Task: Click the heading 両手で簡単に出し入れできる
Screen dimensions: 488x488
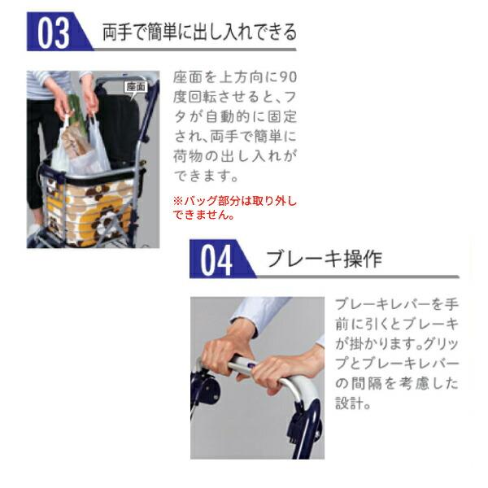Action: [199, 32]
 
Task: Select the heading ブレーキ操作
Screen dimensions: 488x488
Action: [324, 259]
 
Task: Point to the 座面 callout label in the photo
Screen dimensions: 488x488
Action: [137, 87]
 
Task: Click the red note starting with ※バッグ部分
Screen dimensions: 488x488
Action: [235, 207]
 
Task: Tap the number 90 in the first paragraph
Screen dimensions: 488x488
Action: [288, 77]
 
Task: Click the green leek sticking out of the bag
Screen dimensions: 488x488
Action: [76, 112]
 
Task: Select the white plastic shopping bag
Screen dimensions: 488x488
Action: [81, 146]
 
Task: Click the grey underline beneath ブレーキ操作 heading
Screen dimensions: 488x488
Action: [358, 277]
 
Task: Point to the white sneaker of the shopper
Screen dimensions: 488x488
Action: [33, 229]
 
